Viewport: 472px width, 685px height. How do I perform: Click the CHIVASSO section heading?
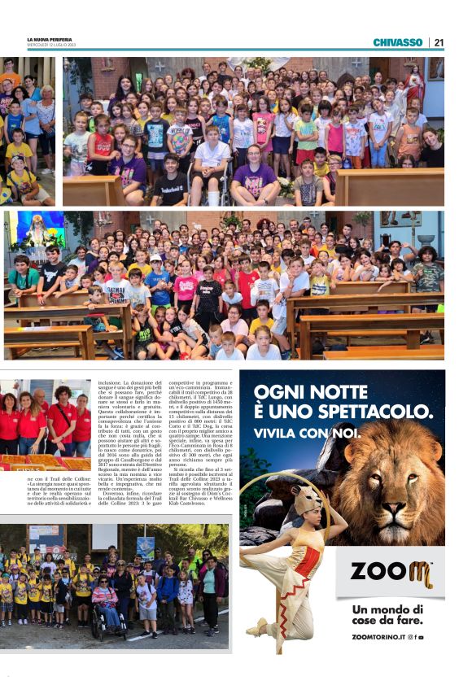pyautogui.click(x=397, y=42)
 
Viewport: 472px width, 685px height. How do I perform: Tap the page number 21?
pyautogui.click(x=439, y=42)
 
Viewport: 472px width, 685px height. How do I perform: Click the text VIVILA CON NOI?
pyautogui.click(x=305, y=433)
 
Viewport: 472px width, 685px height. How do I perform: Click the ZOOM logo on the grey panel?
pyautogui.click(x=391, y=573)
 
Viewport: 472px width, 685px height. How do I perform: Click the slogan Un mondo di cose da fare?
pyautogui.click(x=387, y=615)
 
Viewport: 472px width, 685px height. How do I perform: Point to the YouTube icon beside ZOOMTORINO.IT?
pyautogui.click(x=421, y=636)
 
